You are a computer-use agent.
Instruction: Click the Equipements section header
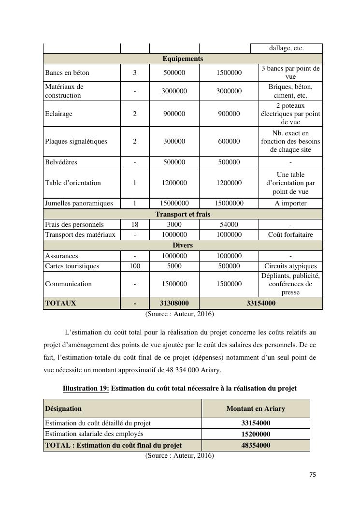tap(183, 59)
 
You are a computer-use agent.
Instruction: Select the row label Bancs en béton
tap(67, 73)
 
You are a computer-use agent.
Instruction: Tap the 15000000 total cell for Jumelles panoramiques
tap(229, 204)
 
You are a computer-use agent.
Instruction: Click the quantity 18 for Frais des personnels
tap(134, 224)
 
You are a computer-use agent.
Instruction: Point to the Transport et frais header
tap(183, 214)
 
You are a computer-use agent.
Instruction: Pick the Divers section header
tap(183, 246)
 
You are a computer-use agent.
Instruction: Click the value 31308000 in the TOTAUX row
tap(174, 304)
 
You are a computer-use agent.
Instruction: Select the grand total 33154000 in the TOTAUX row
tap(260, 304)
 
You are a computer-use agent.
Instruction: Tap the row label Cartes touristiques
tap(72, 266)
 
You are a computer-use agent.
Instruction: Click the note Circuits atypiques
tap(290, 266)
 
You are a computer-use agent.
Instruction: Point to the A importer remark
tap(290, 204)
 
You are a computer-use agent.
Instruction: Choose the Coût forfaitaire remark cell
tap(290, 235)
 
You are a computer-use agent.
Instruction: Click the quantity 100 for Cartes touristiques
tap(134, 266)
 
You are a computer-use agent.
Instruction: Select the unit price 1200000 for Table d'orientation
tap(174, 183)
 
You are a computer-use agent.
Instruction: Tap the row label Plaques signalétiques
tap(76, 142)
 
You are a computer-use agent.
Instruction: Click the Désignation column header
tap(63, 409)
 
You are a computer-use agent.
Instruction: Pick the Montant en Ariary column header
tap(256, 409)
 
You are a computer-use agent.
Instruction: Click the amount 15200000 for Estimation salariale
tap(256, 435)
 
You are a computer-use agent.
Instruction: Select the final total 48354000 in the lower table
tap(256, 446)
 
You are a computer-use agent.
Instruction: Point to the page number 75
tap(312, 475)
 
